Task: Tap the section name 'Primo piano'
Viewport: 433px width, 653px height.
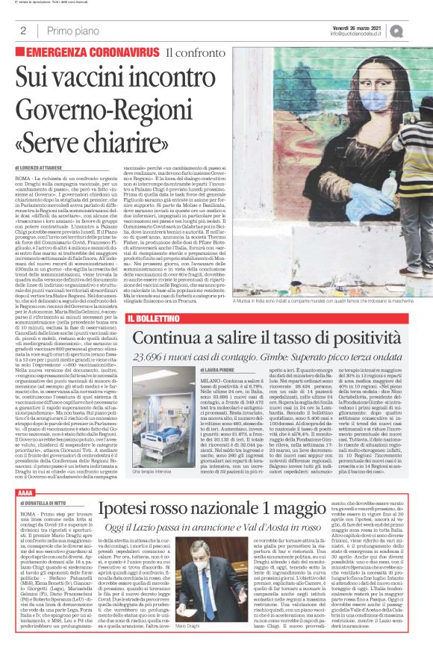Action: [x=72, y=30]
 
